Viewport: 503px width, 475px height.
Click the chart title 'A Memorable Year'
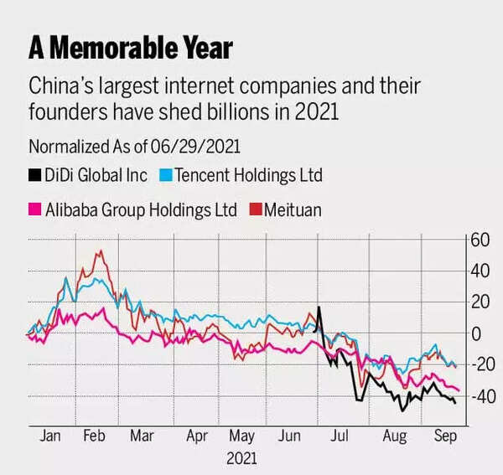pos(130,47)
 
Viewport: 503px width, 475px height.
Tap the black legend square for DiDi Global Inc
pos(35,176)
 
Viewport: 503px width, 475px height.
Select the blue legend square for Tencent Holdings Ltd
pos(166,176)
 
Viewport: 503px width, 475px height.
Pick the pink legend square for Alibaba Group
pos(35,209)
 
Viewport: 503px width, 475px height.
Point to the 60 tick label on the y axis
pos(479,240)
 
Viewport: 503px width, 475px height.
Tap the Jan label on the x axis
pos(49,436)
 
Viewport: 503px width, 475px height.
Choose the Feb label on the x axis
pos(96,436)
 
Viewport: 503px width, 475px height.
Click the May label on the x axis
pos(241,436)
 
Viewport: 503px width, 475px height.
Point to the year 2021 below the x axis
pos(241,458)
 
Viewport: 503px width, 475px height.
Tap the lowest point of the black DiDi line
pos(402,410)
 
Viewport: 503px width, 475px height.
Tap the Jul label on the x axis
pos(340,436)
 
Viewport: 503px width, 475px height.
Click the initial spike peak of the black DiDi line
pos(319,307)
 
